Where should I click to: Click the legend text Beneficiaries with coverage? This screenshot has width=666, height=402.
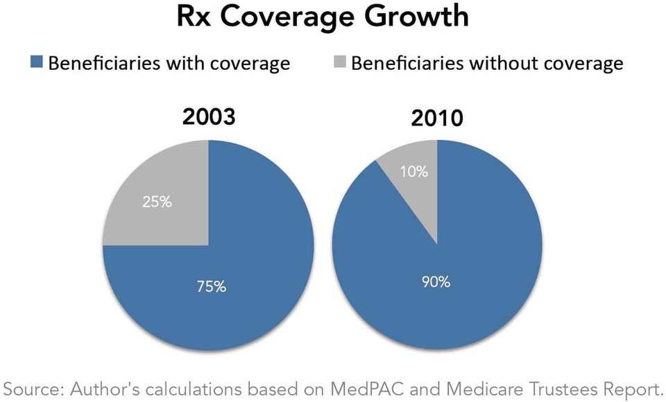click(x=168, y=64)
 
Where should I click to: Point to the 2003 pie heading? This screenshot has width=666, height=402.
click(x=209, y=116)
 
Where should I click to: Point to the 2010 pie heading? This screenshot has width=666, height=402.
click(x=437, y=118)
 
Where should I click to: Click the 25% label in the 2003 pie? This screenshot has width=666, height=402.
click(x=157, y=203)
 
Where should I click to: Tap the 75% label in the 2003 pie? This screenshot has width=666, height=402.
click(x=210, y=286)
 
